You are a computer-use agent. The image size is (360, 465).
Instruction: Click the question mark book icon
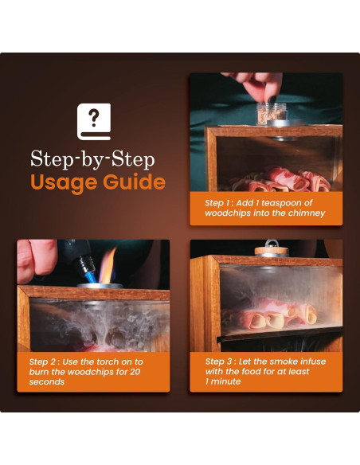pos(94,121)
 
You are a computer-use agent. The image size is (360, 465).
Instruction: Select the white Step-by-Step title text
pos(92,159)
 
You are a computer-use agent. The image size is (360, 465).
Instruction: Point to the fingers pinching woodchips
pos(257,85)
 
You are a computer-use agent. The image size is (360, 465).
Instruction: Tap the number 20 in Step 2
pos(135,372)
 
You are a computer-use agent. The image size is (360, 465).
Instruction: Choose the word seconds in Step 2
pos(47,381)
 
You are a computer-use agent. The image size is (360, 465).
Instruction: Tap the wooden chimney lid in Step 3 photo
pos(272,252)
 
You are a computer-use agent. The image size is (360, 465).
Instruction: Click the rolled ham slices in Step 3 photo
pos(271,315)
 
